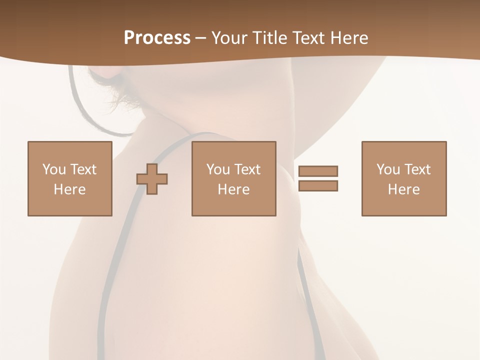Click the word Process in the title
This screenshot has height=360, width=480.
click(x=157, y=38)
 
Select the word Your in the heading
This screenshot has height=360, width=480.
click(x=229, y=38)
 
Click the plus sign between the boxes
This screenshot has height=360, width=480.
click(x=152, y=178)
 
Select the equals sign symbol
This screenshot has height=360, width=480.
click(x=318, y=178)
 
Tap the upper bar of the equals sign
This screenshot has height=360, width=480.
click(x=318, y=171)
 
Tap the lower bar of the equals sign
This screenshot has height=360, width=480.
click(x=318, y=186)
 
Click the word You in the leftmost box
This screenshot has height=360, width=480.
click(x=54, y=169)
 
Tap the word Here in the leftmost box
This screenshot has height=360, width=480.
click(x=70, y=189)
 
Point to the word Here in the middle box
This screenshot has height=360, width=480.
click(x=234, y=189)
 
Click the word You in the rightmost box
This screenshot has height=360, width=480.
click(x=388, y=169)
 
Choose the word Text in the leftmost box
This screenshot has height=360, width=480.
click(x=83, y=169)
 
